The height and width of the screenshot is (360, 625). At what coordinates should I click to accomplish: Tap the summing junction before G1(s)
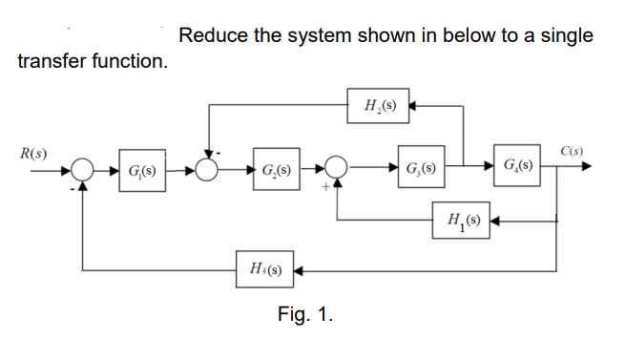(x=85, y=174)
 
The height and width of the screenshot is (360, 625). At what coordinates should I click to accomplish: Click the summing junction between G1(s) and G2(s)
(x=208, y=174)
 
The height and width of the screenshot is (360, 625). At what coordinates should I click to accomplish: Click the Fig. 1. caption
(x=304, y=314)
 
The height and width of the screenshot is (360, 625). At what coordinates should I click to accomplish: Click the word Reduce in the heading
(x=210, y=36)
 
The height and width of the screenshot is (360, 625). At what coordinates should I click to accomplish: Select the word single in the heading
(x=567, y=36)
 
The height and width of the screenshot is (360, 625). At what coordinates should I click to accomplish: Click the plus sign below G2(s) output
(x=325, y=189)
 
